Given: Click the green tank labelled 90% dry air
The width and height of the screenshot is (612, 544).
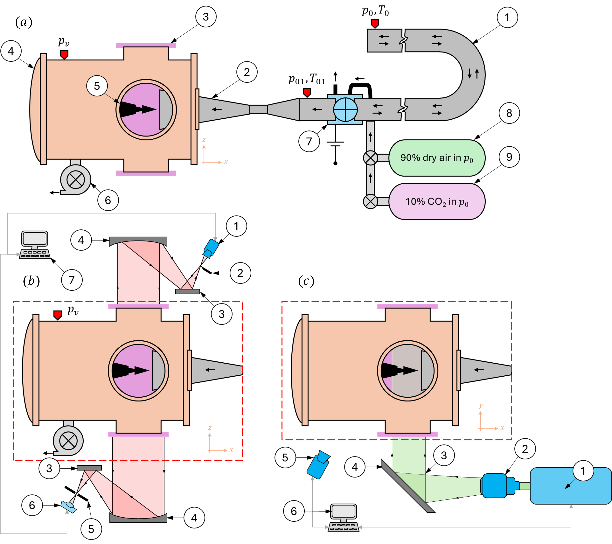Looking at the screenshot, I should point(436,158).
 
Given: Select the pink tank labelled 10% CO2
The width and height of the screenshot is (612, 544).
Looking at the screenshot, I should point(436,202).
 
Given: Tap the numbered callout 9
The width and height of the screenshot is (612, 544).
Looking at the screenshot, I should point(509,157).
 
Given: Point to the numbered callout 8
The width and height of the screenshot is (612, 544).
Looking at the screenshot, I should point(509,113).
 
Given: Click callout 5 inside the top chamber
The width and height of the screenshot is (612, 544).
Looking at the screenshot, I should point(97,86).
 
